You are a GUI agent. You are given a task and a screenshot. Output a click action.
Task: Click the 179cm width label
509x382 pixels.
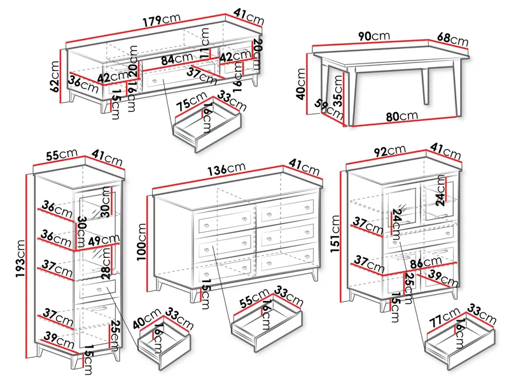[162, 20]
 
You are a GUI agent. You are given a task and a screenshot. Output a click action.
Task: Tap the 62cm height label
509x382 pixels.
[55, 76]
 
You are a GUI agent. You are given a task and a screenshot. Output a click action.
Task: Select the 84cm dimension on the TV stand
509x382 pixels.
[177, 59]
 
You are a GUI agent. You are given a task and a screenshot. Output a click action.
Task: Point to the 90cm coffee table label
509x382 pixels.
[374, 36]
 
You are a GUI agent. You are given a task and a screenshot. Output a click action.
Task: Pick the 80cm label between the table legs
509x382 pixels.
[401, 117]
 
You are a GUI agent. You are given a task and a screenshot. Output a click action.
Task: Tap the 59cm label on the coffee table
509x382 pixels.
[329, 109]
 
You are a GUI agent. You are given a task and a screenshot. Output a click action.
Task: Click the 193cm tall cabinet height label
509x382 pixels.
[20, 258]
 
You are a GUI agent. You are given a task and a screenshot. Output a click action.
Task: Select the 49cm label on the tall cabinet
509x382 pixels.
[104, 241]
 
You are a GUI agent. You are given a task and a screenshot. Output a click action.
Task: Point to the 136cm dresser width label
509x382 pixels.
[227, 169]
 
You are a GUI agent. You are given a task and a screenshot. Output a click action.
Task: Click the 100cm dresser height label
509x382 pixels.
[142, 242]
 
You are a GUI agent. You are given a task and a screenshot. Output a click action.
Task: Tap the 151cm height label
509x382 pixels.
[335, 234]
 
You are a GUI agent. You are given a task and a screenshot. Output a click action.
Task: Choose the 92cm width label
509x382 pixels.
[389, 151]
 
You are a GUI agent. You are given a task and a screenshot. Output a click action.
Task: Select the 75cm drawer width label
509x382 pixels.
[191, 101]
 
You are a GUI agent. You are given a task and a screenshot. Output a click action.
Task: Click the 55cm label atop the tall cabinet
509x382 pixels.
[62, 155]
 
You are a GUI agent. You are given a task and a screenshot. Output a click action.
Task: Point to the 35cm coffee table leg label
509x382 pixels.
[338, 91]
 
